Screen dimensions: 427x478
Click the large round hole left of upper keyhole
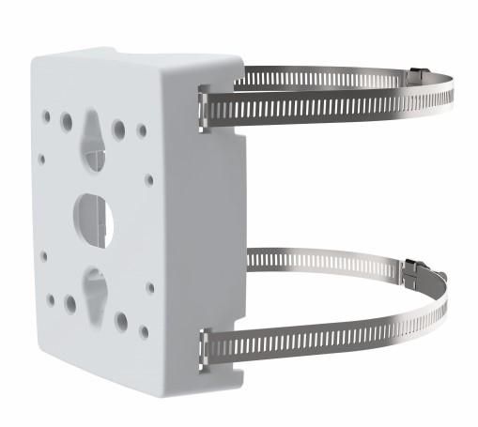67,122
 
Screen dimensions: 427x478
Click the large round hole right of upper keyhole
119,129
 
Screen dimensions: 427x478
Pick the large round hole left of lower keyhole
70,304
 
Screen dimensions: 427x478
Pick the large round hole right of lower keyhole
121,321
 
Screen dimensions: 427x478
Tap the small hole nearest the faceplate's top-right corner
143,130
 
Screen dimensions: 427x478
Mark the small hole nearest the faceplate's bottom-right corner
144,330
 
